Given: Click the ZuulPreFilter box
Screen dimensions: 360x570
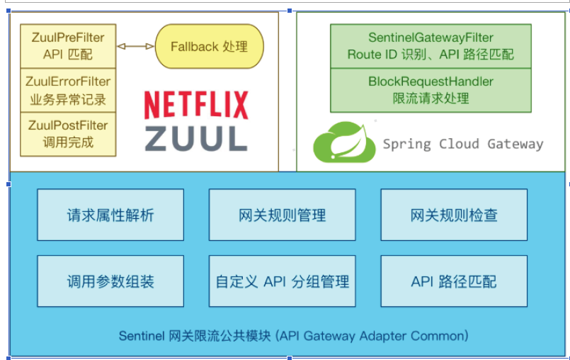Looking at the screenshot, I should (x=68, y=46).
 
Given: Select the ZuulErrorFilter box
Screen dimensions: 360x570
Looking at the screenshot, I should (x=68, y=91).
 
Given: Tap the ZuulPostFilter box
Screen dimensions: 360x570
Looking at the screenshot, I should (x=68, y=134).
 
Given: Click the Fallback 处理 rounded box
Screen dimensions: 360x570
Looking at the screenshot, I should (x=210, y=47).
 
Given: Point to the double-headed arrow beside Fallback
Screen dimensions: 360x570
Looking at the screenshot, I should (x=135, y=47).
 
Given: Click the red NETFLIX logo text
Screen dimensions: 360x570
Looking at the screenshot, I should (x=196, y=105).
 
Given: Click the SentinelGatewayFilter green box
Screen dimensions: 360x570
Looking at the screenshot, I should (x=431, y=46).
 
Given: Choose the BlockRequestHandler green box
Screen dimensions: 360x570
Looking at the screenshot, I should (x=431, y=90).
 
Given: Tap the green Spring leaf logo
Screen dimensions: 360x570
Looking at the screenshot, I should (x=344, y=142).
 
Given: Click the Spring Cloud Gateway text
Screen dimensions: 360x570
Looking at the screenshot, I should (x=463, y=144).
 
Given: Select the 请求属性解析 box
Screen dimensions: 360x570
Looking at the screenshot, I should (x=110, y=215).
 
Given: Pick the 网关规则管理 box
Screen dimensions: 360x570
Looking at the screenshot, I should (x=282, y=215).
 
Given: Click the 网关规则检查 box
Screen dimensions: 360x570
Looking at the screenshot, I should (x=454, y=215).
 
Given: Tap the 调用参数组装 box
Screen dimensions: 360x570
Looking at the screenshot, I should (x=110, y=281).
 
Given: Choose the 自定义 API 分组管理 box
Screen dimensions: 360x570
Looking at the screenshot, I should (x=282, y=281).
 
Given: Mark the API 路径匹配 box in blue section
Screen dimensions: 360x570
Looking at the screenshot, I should (x=454, y=281).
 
